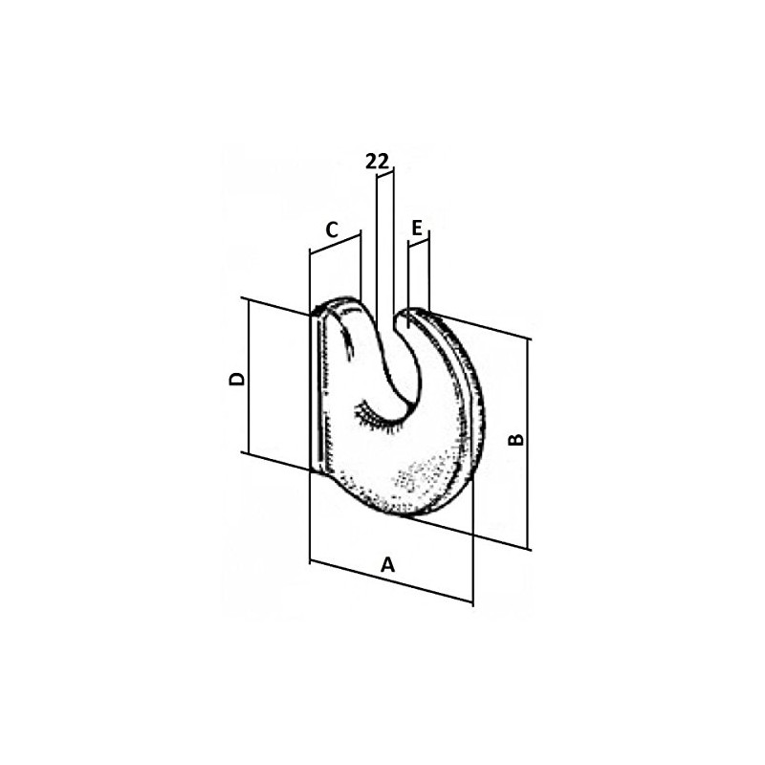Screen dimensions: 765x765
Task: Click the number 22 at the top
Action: coord(378,162)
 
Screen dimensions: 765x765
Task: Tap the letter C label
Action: coord(332,229)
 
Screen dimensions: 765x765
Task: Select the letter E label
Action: coord(417,228)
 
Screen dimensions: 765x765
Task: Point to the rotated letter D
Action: coord(236,379)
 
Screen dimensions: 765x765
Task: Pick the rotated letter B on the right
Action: coord(515,439)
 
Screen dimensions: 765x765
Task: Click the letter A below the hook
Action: coord(387,564)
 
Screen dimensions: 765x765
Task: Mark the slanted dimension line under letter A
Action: coord(391,582)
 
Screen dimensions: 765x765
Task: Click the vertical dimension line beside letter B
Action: coord(528,444)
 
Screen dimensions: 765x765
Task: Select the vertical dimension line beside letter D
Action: coord(249,377)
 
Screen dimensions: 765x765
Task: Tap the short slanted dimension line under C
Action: coord(336,245)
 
